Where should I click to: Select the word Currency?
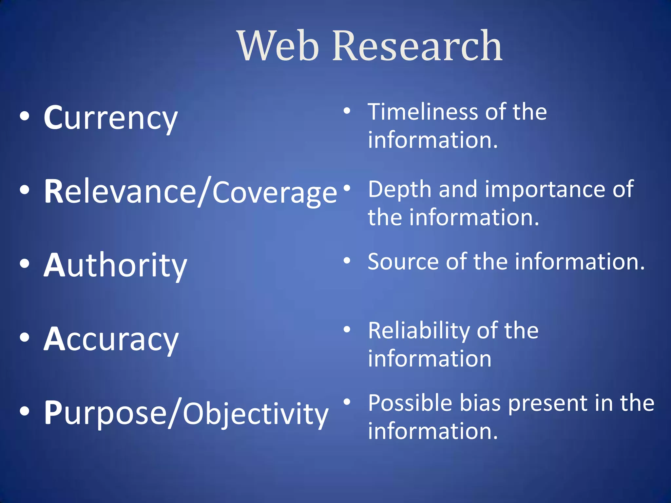click(111, 118)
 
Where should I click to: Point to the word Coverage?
click(275, 193)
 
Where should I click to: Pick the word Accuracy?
click(111, 340)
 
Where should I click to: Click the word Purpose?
click(105, 413)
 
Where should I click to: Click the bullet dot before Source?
click(347, 261)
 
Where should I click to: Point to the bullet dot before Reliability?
click(347, 329)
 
